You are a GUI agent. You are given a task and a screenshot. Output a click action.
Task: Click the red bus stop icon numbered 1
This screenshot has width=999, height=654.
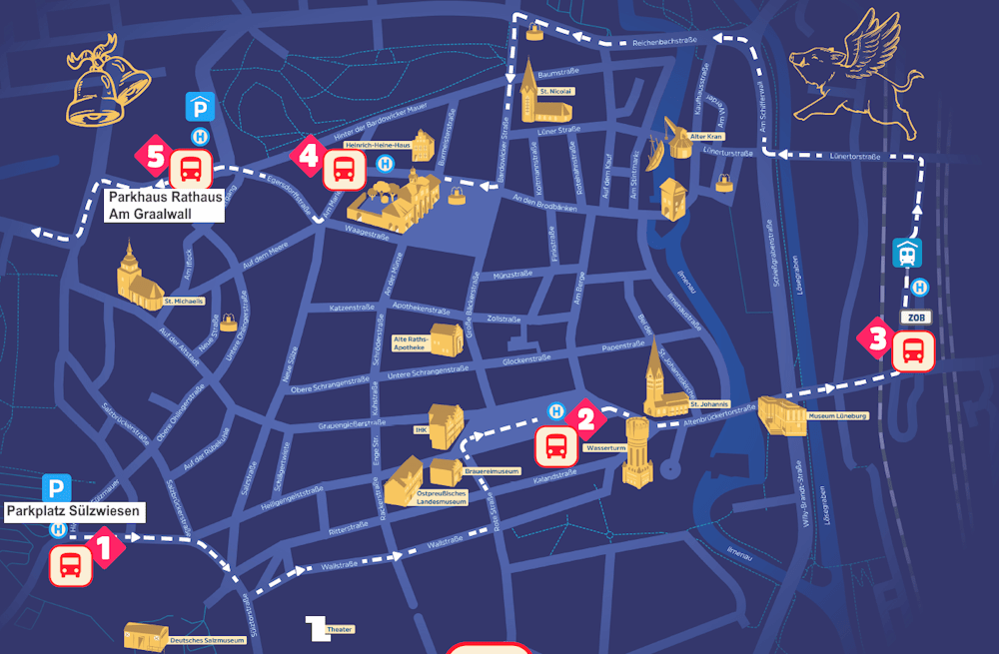point(72,566)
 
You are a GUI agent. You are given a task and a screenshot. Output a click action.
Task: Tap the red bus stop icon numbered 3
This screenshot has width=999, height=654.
point(913,352)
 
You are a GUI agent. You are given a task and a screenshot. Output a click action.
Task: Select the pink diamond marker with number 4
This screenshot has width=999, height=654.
point(308,156)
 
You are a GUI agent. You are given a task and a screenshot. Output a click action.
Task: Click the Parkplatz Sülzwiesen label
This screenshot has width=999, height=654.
point(74,512)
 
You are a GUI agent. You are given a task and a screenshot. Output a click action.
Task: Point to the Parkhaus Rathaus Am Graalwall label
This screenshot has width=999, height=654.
point(165,205)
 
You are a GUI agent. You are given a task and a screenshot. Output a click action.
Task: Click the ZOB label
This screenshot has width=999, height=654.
point(915,318)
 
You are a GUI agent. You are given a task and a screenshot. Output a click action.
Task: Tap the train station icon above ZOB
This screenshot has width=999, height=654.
point(907,253)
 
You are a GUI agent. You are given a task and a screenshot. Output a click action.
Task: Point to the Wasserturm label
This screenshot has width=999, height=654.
point(605,449)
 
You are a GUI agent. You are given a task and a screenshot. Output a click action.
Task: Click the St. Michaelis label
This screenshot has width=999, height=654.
point(183,301)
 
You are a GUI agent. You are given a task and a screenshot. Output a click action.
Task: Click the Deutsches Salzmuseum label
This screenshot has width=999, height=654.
point(207,640)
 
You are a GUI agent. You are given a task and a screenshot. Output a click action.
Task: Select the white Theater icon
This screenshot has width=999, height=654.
point(317,628)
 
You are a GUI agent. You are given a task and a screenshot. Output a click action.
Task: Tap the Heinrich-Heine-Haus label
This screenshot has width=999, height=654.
point(378,146)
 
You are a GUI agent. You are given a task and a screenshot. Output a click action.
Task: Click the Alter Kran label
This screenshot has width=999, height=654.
point(706,136)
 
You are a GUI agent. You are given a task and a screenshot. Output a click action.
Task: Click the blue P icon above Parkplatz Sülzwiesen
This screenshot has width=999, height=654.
point(57,489)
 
